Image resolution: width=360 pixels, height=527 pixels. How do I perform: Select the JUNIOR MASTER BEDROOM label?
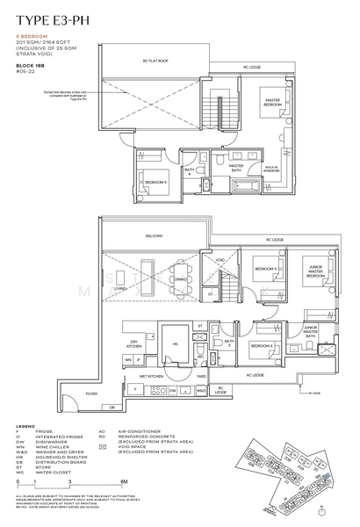click(315, 271)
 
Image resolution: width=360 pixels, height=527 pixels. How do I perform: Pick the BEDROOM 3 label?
click(266, 268)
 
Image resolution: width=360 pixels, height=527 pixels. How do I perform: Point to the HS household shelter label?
click(174, 343)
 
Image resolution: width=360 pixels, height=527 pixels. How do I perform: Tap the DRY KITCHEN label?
click(134, 344)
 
